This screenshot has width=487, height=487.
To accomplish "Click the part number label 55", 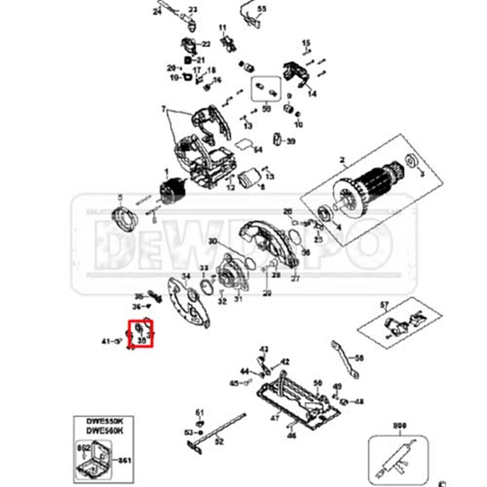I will tap(262, 9).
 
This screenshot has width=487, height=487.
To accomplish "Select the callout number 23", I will tap(193, 10).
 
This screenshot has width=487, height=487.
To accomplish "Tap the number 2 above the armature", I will tap(342, 161).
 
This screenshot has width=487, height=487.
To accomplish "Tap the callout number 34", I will tap(186, 276).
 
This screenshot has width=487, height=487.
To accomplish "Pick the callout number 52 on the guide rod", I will tap(219, 441).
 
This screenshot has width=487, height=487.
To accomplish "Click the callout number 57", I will tap(384, 305).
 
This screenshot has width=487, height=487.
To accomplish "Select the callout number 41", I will tap(106, 342).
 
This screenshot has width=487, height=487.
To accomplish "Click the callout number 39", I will tap(291, 142).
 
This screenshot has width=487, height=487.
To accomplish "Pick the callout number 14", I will tap(311, 93).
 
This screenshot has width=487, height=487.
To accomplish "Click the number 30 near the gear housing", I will tap(212, 241).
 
